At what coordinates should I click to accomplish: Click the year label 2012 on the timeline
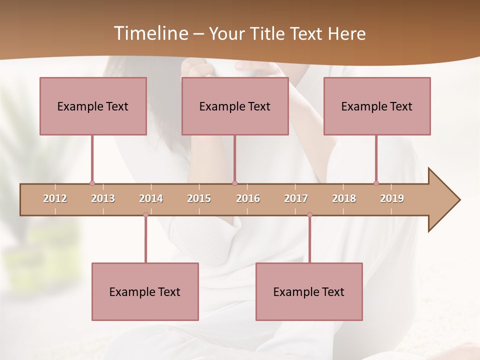click(x=55, y=198)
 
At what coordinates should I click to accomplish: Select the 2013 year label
click(x=103, y=198)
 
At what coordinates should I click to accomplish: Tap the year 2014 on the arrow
click(x=151, y=198)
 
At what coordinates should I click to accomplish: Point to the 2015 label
click(x=199, y=198)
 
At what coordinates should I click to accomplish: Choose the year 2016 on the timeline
click(x=248, y=198)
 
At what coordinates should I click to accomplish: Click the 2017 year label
click(x=296, y=198)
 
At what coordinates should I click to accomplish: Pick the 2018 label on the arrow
click(x=344, y=198)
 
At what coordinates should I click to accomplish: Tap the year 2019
click(x=392, y=198)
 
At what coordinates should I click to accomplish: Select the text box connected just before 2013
click(x=93, y=106)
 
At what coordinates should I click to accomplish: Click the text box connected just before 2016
click(x=235, y=106)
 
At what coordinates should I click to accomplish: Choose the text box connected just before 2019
click(x=377, y=106)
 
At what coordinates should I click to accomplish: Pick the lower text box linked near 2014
click(x=145, y=291)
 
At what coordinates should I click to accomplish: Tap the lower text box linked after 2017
click(x=309, y=291)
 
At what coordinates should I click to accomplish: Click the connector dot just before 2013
click(x=92, y=183)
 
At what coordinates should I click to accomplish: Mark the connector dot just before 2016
click(x=234, y=183)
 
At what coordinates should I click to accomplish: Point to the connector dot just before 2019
click(x=376, y=183)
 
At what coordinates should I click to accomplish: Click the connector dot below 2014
click(x=145, y=214)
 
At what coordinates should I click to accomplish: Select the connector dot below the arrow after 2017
click(x=309, y=214)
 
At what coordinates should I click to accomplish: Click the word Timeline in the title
click(x=149, y=33)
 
